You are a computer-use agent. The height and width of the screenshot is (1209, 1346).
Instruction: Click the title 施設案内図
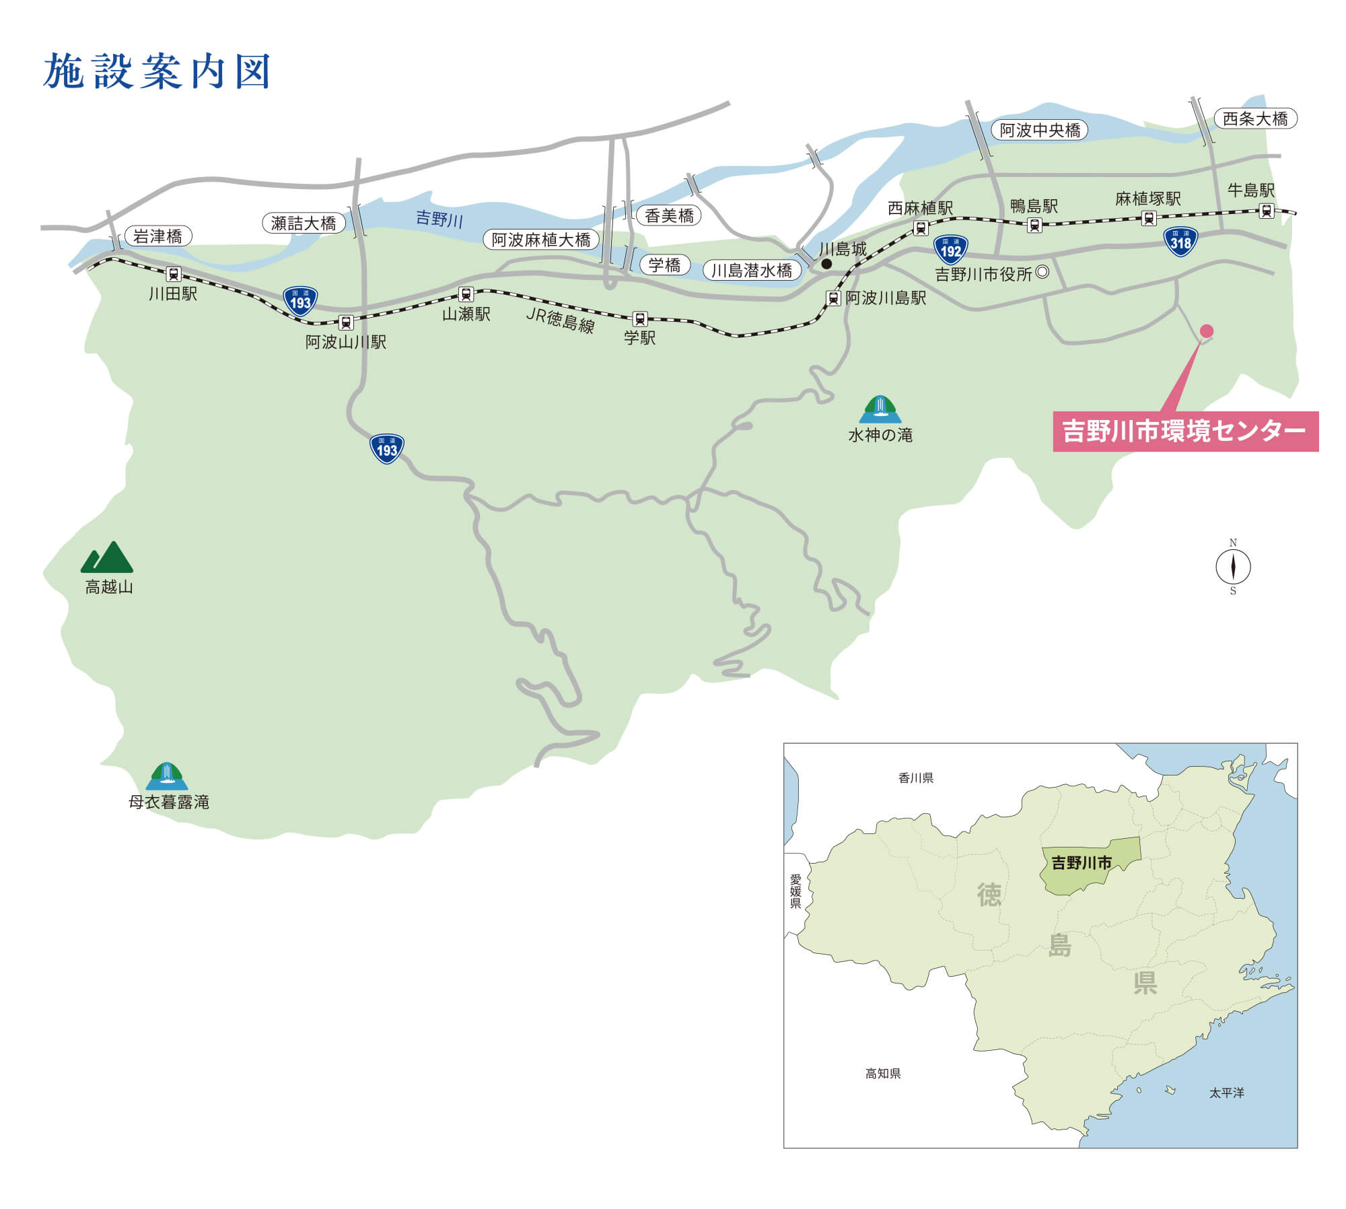click(x=157, y=72)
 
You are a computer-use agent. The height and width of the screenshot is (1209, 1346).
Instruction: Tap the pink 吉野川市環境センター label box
click(x=1184, y=431)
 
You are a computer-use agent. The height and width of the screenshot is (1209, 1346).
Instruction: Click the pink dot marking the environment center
click(x=1207, y=331)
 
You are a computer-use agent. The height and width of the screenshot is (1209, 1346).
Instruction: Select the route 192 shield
click(x=950, y=250)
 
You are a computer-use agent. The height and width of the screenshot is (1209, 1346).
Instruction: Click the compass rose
click(x=1233, y=567)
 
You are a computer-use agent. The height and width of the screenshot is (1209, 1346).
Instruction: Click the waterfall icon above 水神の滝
click(x=880, y=409)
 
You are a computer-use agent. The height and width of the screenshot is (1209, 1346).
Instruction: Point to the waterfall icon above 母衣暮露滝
click(x=167, y=775)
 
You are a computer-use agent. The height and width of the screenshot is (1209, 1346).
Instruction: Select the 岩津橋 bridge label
click(x=157, y=236)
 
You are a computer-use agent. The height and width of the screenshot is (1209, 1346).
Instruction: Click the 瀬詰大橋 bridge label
click(x=304, y=223)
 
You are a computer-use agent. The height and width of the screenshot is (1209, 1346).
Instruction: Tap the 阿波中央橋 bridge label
click(x=1040, y=130)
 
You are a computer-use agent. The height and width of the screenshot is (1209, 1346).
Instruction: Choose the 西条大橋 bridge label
click(x=1255, y=119)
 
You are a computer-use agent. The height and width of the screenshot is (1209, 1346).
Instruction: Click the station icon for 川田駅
click(x=174, y=274)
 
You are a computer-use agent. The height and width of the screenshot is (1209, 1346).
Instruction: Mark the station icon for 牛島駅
click(x=1266, y=211)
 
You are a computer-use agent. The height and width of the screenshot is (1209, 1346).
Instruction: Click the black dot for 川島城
click(x=826, y=264)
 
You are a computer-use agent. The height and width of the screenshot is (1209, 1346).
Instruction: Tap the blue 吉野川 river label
click(x=439, y=219)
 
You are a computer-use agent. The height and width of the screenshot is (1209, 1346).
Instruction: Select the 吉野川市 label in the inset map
click(x=1082, y=863)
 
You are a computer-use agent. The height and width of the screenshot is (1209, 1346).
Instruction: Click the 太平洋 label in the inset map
click(x=1227, y=1093)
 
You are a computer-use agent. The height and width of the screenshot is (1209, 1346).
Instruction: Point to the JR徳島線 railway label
click(x=560, y=320)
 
